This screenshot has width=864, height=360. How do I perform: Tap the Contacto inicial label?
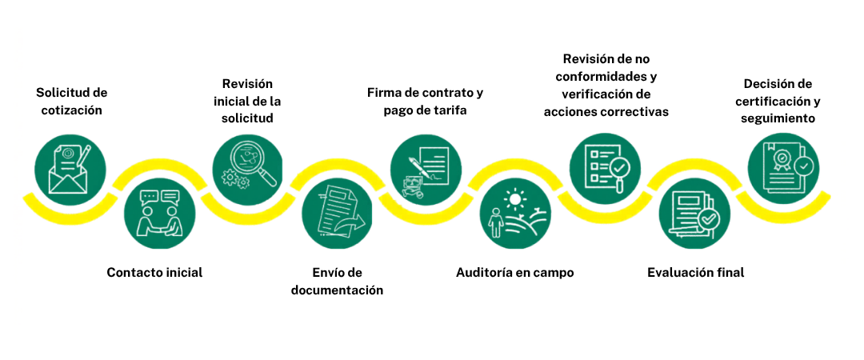155,272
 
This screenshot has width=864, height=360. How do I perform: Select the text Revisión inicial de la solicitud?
247,101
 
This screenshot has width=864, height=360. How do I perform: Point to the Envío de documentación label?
337,281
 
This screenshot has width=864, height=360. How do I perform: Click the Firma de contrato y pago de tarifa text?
426,101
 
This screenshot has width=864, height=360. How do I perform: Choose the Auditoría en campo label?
515,272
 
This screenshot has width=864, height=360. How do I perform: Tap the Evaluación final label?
696,272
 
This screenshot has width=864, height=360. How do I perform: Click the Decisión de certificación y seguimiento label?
782,101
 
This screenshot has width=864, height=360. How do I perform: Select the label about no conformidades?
606,85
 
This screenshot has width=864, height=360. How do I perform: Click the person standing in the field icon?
495,222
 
